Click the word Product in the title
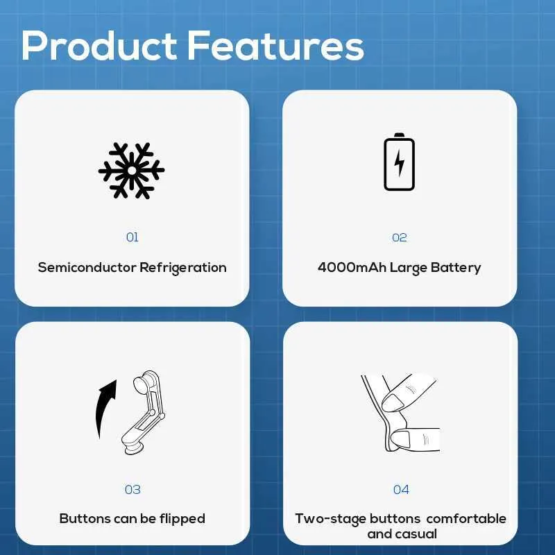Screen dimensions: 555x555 [99, 45]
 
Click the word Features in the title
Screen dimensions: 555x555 [275, 45]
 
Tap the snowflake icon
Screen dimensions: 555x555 [131, 171]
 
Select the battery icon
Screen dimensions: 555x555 [400, 162]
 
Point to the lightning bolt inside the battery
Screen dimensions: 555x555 [400, 163]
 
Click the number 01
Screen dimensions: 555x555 [132, 237]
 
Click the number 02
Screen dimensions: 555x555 [400, 237]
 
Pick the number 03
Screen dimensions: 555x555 [133, 490]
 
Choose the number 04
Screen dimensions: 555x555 [401, 490]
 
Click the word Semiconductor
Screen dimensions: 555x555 [87, 267]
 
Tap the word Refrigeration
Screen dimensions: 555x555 [183, 268]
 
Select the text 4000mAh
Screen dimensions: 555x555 [352, 267]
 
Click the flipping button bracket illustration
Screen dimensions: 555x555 [144, 413]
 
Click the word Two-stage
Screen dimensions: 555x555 [331, 519]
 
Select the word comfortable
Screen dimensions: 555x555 [466, 518]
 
